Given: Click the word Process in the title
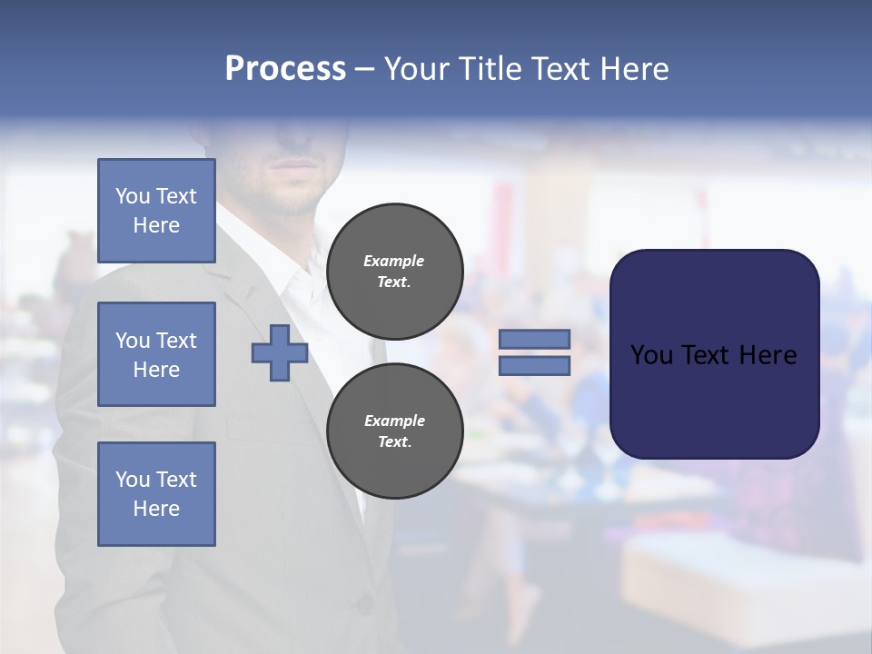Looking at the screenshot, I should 285,69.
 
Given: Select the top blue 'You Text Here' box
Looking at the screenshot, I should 156,211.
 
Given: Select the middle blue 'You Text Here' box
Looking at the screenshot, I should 156,354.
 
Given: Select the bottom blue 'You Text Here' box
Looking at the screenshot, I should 156,494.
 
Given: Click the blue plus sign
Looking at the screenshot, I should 280,352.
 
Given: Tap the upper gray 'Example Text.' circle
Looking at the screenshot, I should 394,272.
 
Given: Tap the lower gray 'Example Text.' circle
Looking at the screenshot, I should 394,431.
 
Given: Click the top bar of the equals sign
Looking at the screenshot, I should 534,339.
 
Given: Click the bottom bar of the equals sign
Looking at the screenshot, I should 534,366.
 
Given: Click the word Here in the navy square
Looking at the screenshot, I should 768,355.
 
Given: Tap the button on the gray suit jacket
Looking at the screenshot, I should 365,602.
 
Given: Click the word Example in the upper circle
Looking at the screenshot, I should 394,261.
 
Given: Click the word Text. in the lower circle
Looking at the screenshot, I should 394,442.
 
